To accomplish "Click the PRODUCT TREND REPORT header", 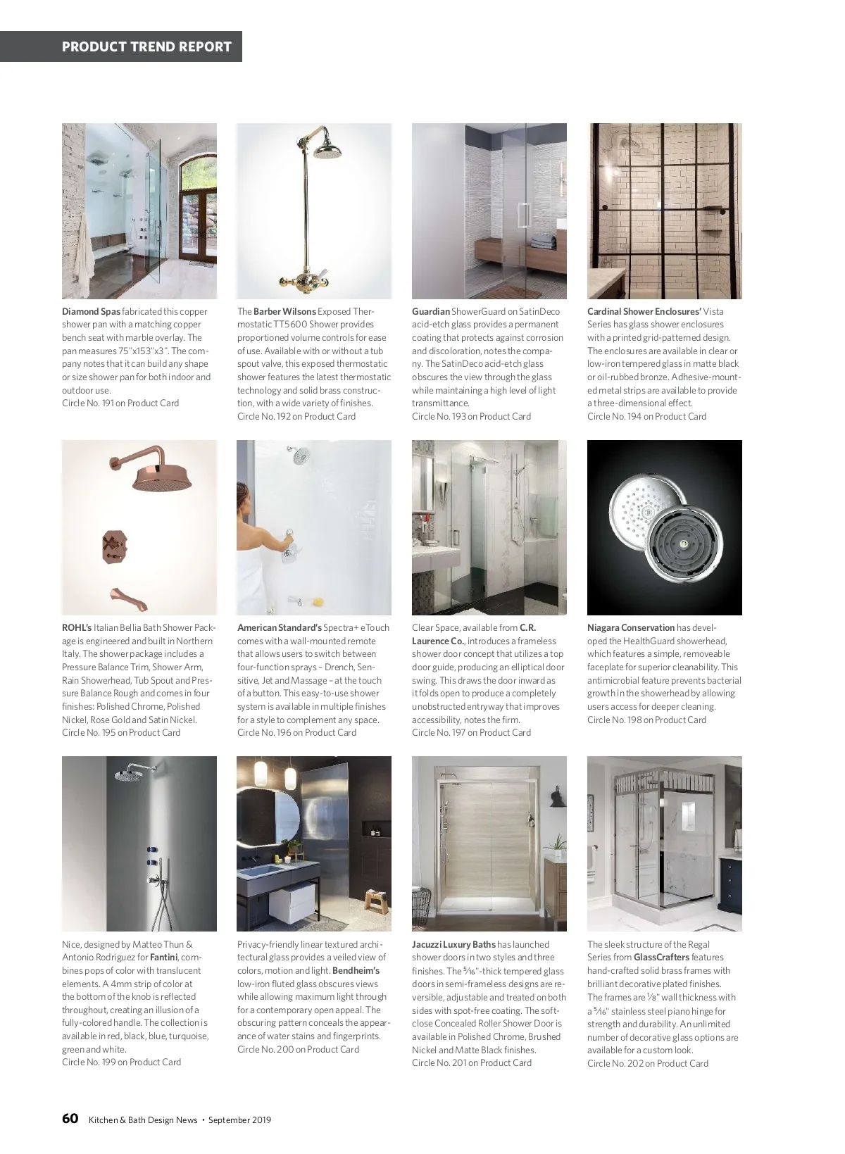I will pyautogui.click(x=146, y=47).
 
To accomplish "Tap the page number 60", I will pyautogui.click(x=70, y=1119).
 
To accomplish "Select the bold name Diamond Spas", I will pyautogui.click(x=91, y=311).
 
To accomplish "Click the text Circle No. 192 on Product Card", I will pyautogui.click(x=296, y=416).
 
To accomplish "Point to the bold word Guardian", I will pyautogui.click(x=430, y=311).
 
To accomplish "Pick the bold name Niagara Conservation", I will pyautogui.click(x=631, y=627).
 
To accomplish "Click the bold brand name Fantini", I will pyautogui.click(x=164, y=958).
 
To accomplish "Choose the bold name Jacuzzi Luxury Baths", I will pyautogui.click(x=453, y=944).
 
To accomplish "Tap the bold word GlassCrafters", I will pyautogui.click(x=661, y=958).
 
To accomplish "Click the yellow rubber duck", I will pyautogui.click(x=318, y=602).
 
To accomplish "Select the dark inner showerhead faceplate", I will pyautogui.click(x=683, y=545).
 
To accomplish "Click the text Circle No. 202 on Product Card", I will pyautogui.click(x=647, y=1063).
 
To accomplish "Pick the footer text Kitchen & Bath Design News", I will pyautogui.click(x=142, y=1119).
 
